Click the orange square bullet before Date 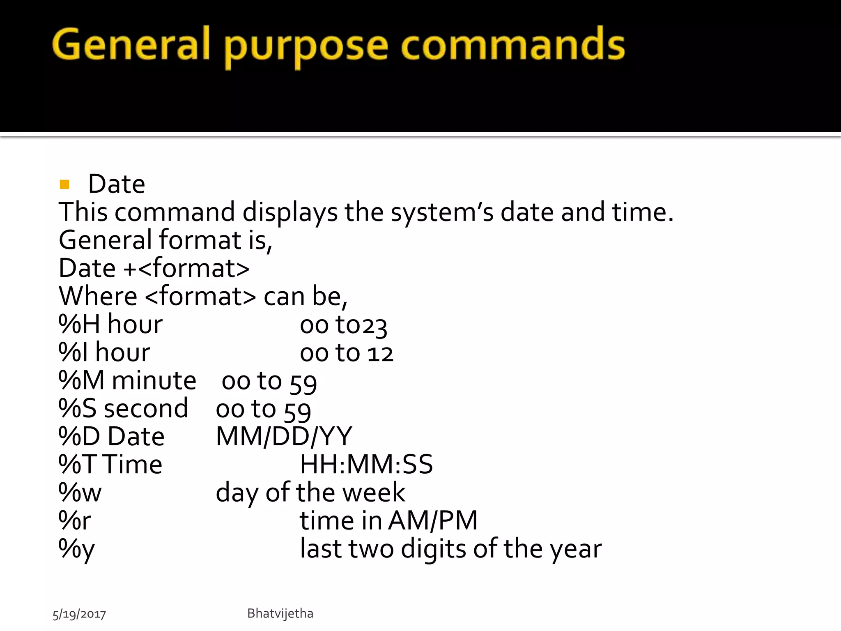(64, 184)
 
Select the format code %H (79, 325)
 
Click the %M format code (81, 380)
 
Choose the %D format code (79, 436)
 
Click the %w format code (80, 493)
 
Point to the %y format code (76, 549)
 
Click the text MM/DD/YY (284, 436)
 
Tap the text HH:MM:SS (366, 465)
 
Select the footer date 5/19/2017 (79, 614)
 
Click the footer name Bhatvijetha (280, 613)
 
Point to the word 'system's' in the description (442, 213)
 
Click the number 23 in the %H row (374, 326)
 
